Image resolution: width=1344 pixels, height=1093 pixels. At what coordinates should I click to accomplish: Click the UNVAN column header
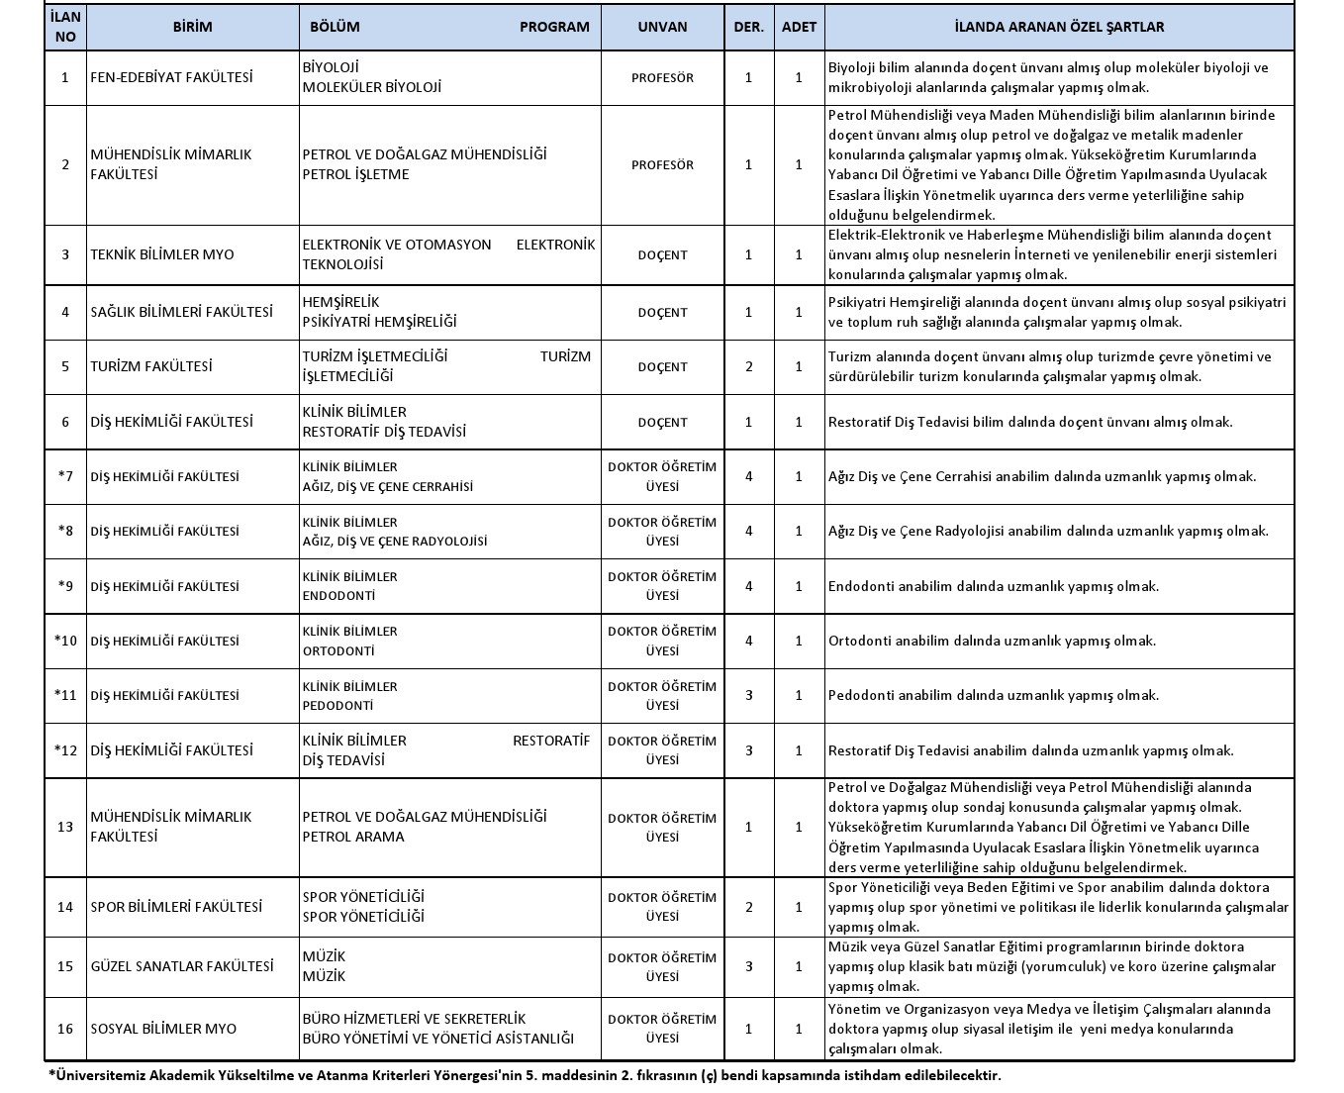(x=662, y=27)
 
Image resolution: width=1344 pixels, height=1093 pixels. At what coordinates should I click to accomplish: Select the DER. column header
(x=748, y=27)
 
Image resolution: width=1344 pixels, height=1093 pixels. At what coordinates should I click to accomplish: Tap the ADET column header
(x=799, y=27)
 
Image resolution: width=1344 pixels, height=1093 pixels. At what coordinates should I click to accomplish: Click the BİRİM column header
(x=192, y=27)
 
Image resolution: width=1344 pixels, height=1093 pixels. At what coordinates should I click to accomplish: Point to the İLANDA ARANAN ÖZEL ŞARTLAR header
(x=1059, y=27)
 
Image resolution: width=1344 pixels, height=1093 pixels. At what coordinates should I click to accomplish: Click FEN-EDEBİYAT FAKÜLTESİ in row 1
(x=171, y=77)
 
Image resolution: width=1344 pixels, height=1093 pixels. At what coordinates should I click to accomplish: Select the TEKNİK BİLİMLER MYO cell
(x=162, y=254)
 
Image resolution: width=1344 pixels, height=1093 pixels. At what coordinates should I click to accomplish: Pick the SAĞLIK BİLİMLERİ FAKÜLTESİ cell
(x=181, y=312)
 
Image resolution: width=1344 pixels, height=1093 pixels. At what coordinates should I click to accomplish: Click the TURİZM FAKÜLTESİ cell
(x=151, y=366)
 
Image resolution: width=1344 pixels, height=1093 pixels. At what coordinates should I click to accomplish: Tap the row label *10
(x=65, y=641)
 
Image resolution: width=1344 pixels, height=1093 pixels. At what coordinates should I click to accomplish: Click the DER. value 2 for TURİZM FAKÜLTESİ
(x=748, y=366)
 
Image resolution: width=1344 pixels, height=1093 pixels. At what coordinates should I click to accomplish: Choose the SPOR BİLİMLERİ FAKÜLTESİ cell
(x=176, y=907)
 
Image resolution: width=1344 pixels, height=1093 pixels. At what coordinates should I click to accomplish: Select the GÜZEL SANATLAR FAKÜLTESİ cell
(x=182, y=966)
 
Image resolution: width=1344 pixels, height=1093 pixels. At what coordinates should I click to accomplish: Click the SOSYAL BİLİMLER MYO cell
(x=163, y=1029)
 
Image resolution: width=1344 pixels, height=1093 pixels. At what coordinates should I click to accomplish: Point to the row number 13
(x=65, y=827)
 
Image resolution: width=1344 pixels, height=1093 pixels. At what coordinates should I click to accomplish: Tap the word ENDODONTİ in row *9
(x=338, y=596)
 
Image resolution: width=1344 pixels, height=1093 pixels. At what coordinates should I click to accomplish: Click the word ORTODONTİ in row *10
(x=338, y=651)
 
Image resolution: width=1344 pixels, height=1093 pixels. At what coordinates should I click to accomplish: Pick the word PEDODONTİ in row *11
(x=337, y=706)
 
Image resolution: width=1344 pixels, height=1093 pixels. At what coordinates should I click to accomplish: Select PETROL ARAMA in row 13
(x=353, y=837)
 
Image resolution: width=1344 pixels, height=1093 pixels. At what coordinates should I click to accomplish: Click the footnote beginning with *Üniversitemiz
(x=525, y=1075)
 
